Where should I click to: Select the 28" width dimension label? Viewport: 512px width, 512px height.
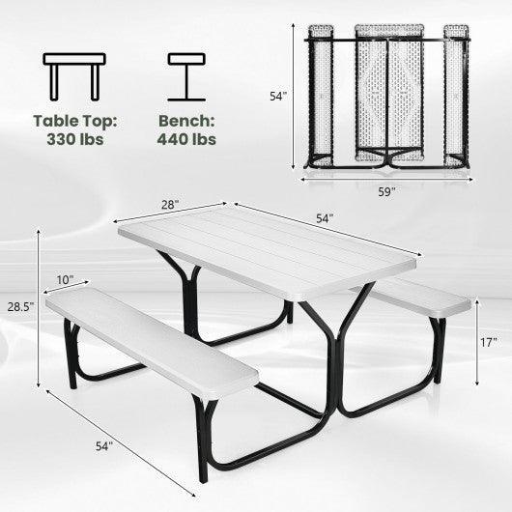point(170,205)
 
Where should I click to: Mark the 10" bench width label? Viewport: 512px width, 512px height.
point(65,279)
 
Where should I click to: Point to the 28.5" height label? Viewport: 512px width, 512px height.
point(19,307)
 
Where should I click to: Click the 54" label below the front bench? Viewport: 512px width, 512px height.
point(103,445)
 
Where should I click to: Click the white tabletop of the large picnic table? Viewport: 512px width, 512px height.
point(270,256)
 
